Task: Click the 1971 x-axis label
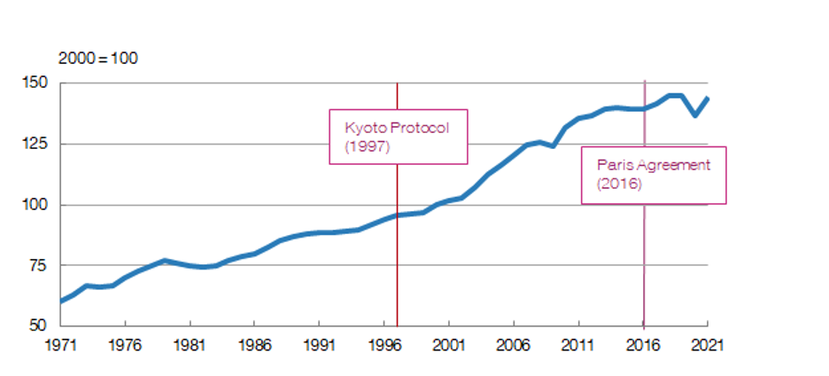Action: tap(59, 344)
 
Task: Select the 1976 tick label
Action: tap(124, 344)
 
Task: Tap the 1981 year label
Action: tap(189, 344)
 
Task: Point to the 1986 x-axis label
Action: tap(253, 344)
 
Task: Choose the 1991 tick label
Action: tap(319, 344)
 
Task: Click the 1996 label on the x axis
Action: tap(384, 344)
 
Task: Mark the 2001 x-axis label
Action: tap(448, 344)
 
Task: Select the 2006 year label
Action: tap(513, 344)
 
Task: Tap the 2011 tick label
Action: tap(577, 344)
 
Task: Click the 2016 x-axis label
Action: tap(643, 344)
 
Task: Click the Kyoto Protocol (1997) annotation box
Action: tap(398, 136)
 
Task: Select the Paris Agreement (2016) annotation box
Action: tap(653, 175)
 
